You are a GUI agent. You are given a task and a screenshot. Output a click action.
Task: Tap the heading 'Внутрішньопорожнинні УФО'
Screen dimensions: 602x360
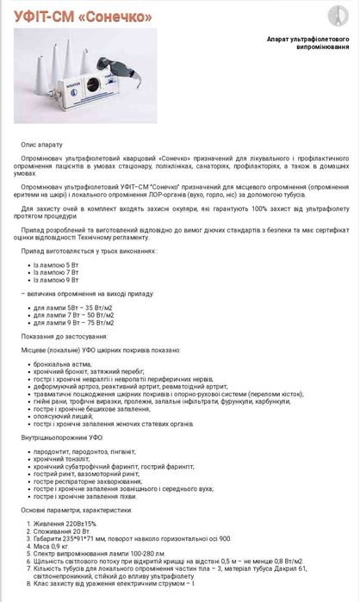[x=61, y=438]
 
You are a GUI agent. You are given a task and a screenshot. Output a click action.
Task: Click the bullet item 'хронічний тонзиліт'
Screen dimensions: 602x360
[x=61, y=459]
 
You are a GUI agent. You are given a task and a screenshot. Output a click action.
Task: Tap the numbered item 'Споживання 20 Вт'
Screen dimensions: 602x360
[x=62, y=531]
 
